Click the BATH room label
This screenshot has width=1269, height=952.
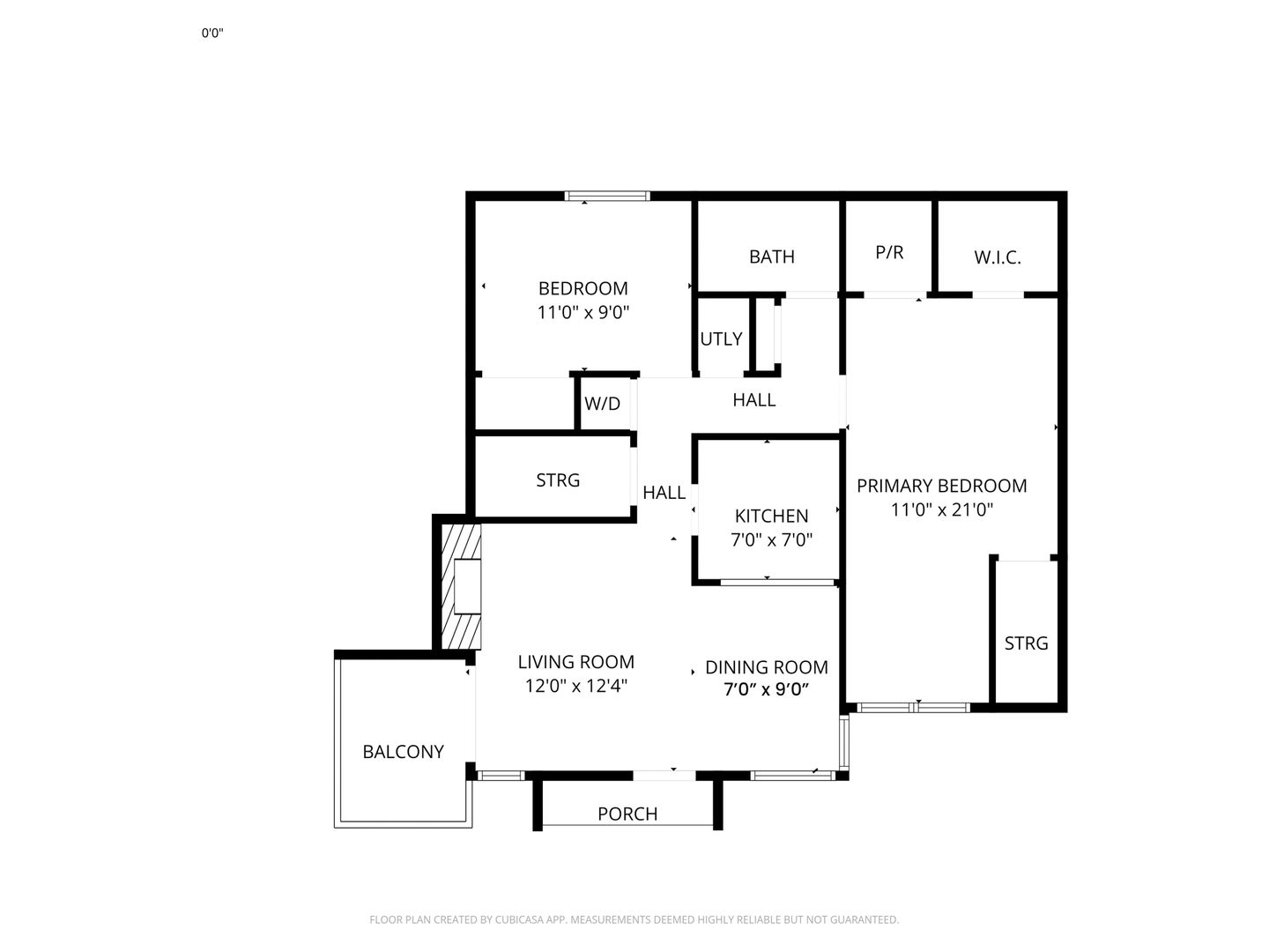tap(771, 257)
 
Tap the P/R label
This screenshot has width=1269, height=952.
tap(888, 252)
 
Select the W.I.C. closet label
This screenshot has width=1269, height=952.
tap(998, 257)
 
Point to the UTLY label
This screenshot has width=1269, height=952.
tap(721, 338)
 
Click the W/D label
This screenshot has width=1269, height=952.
tap(602, 404)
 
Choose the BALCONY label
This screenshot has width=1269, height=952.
tap(403, 751)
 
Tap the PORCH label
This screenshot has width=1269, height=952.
tap(627, 814)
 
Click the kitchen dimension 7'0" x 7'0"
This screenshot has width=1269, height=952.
tap(771, 539)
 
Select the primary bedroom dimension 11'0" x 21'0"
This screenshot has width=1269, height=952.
tap(942, 509)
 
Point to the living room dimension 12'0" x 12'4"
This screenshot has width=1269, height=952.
tap(575, 686)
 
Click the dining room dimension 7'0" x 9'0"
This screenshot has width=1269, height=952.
tap(766, 689)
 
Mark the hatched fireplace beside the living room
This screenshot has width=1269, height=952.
tap(461, 586)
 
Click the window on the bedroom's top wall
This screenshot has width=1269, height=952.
tap(607, 196)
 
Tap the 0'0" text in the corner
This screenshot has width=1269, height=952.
tap(212, 33)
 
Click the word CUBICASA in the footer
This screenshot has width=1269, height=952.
tap(517, 919)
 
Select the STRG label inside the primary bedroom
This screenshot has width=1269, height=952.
tap(1026, 643)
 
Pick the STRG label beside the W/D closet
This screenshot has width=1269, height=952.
tap(558, 480)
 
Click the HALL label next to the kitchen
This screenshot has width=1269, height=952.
tap(664, 493)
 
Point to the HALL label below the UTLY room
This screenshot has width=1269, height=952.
tap(753, 400)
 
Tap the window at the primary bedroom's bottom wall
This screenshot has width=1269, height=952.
tap(913, 707)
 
